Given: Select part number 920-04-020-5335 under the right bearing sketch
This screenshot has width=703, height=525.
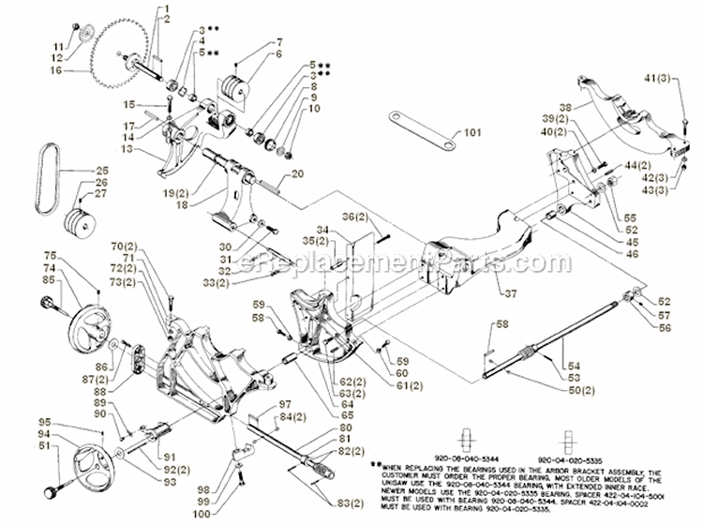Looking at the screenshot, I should [x=569, y=462].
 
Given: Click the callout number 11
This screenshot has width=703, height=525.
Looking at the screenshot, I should [x=55, y=20].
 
